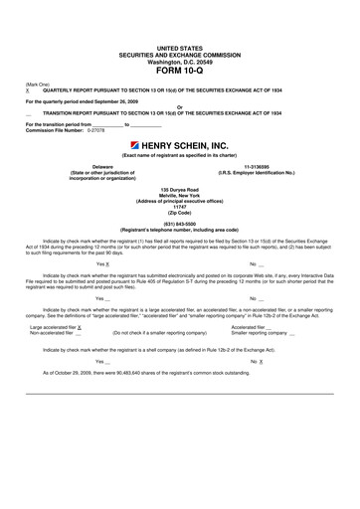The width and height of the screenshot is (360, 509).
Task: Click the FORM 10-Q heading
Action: tap(179, 69)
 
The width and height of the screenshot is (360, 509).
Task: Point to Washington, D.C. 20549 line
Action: tap(179, 60)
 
